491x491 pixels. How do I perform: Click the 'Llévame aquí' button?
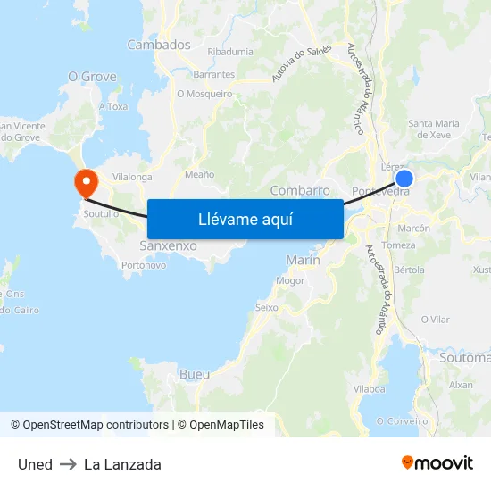tap(245, 219)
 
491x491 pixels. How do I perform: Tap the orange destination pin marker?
tap(87, 183)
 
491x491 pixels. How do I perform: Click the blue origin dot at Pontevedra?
tap(404, 179)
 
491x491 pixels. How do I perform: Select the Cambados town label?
tap(159, 45)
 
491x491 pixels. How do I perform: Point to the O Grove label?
tap(93, 77)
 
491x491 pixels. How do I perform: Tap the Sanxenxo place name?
tap(169, 245)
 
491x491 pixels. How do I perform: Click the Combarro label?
tap(300, 190)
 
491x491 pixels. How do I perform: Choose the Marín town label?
tap(303, 260)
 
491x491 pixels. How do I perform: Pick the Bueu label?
tap(195, 373)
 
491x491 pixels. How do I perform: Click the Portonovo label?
tap(144, 265)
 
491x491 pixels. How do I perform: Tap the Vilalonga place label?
tap(132, 177)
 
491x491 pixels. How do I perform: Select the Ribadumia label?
tap(230, 52)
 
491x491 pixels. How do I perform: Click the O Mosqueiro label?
tap(204, 94)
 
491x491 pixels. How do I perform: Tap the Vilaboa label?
tap(369, 389)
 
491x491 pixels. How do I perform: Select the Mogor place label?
tap(290, 280)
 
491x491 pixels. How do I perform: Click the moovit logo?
tap(437, 463)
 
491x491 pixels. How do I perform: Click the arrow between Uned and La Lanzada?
tap(68, 464)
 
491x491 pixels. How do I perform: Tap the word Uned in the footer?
tap(35, 464)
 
